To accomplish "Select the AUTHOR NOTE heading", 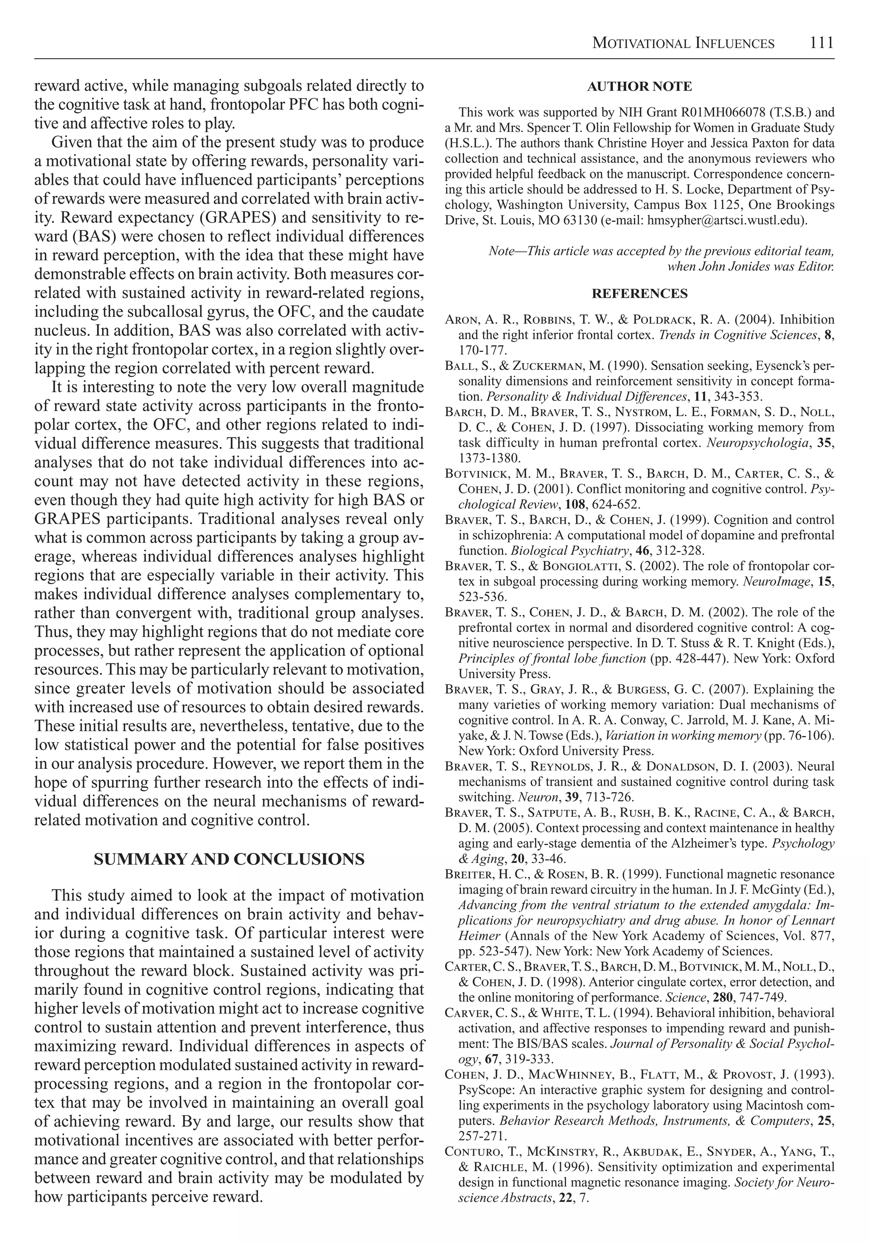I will (x=639, y=87).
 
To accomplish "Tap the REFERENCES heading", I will (x=639, y=294).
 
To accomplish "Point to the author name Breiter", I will (x=467, y=874).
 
